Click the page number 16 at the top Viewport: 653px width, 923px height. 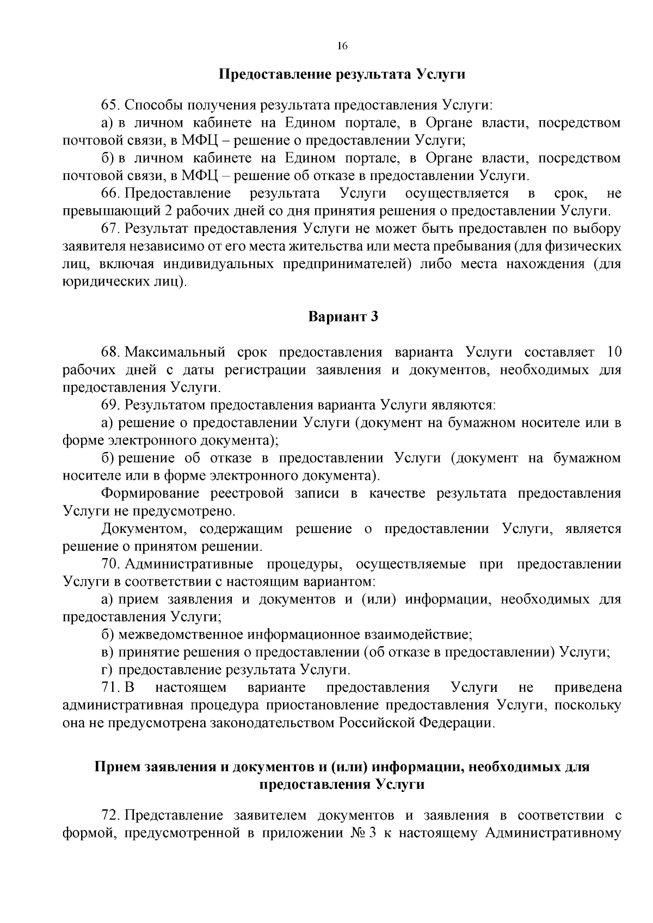coord(342,46)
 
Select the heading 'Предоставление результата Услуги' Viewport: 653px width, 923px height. coord(342,74)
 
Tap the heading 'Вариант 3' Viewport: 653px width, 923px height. coord(343,317)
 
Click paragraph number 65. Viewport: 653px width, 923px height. coord(108,105)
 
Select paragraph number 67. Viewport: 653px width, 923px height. coord(108,229)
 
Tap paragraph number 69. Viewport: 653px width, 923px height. coord(109,405)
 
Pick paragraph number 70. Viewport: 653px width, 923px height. coord(109,564)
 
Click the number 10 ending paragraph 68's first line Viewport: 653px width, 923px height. coord(613,352)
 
